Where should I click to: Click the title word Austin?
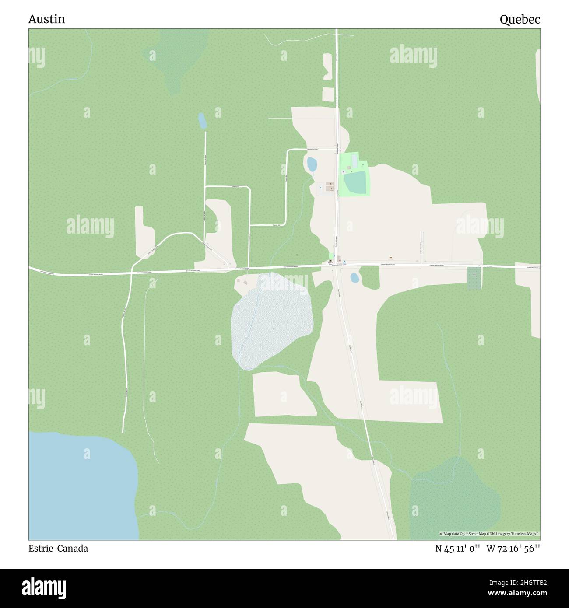tap(46, 19)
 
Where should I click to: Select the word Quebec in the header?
tap(520, 19)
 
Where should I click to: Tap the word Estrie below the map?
tap(40, 549)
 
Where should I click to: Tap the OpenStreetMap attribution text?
tap(489, 534)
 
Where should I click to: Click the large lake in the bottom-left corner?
tap(79, 486)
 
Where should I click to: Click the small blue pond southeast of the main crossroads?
tap(355, 277)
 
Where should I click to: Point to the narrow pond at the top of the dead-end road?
tap(202, 121)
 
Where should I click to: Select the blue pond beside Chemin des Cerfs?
tap(312, 164)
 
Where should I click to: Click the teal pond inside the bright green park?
tap(355, 182)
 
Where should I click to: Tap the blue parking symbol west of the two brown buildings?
tap(320, 188)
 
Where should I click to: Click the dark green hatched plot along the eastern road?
tap(474, 278)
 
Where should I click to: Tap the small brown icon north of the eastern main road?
tap(390, 258)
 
